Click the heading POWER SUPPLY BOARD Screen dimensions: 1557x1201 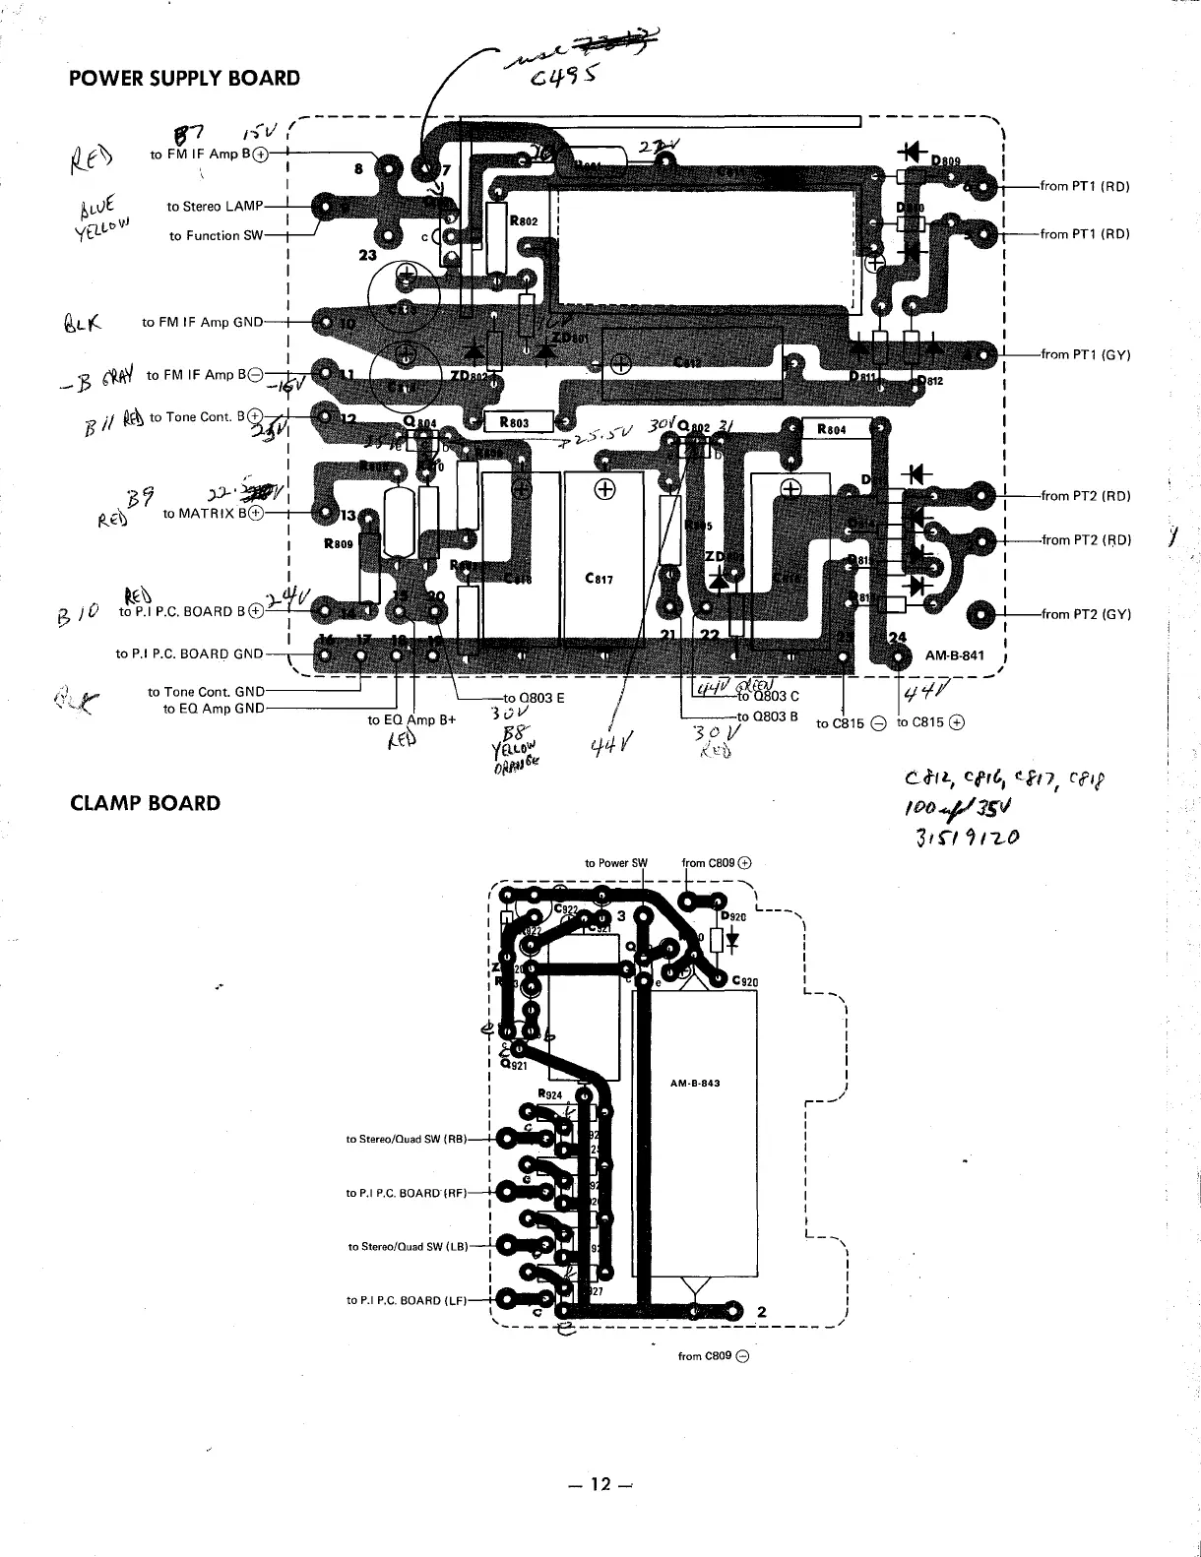click(184, 78)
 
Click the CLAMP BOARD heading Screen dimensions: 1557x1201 click(145, 803)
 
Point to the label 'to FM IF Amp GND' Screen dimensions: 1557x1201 click(203, 322)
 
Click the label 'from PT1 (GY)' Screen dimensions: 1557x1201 click(1086, 355)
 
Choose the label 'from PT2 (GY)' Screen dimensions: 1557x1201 click(1086, 615)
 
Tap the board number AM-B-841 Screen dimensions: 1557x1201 click(955, 655)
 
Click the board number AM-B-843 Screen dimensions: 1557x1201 click(695, 1083)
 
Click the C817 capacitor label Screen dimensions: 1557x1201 click(599, 579)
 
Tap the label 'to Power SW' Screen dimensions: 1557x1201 click(616, 863)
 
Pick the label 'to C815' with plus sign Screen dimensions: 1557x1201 click(930, 723)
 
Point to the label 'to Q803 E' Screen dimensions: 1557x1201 click(533, 698)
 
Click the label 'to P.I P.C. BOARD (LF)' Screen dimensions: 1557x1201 click(407, 1300)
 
